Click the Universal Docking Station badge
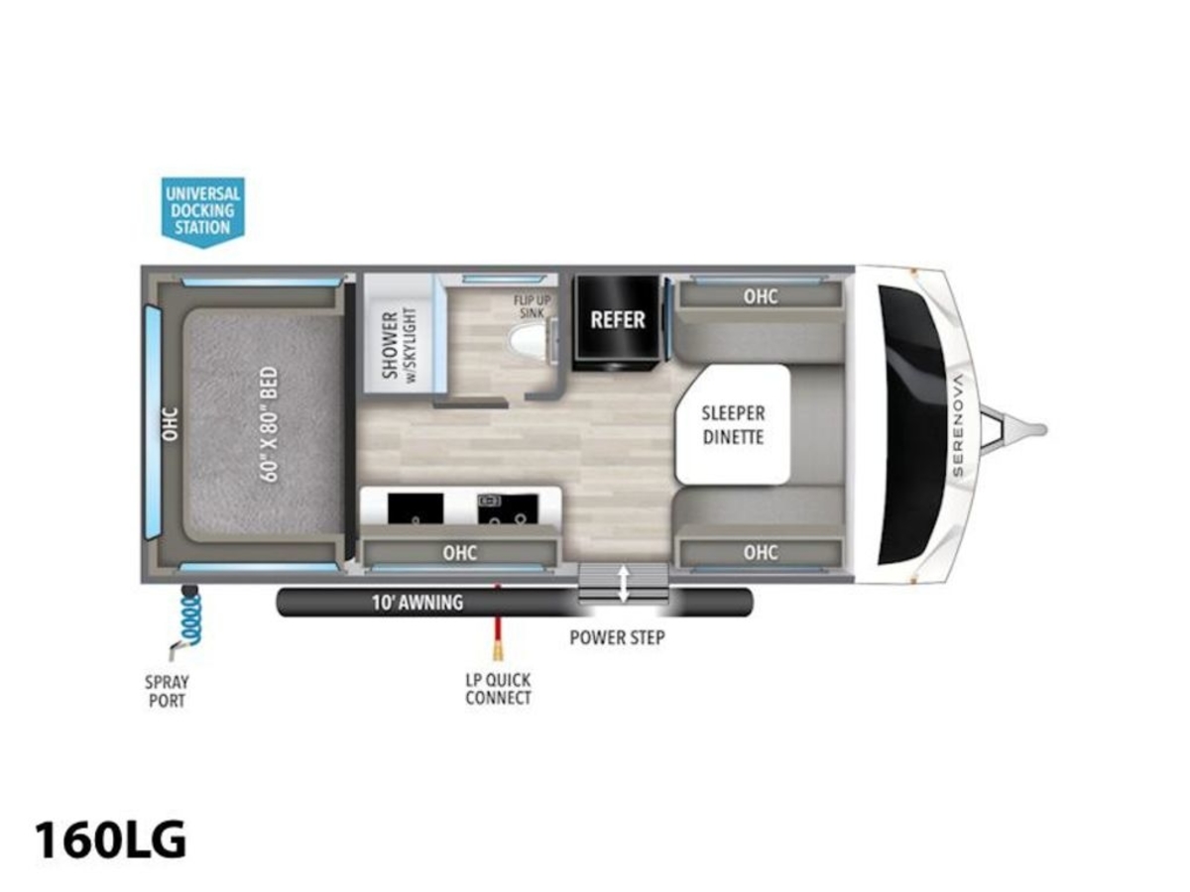point(202,211)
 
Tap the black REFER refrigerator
point(618,323)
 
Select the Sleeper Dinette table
point(733,424)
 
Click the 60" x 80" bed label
point(270,424)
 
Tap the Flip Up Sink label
point(532,306)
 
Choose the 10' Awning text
point(416,603)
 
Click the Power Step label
point(617,637)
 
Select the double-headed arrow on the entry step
point(624,584)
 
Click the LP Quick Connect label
point(498,689)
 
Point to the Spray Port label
point(167,691)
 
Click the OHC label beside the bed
point(171,424)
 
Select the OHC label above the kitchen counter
point(460,553)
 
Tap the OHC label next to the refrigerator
point(760,296)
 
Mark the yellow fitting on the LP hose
point(497,650)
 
